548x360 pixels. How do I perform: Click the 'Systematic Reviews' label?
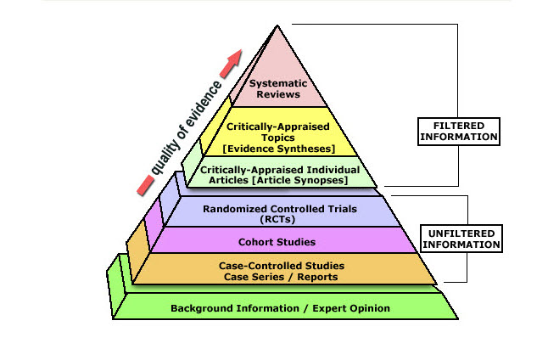[279, 88]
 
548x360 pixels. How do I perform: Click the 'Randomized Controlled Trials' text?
[279, 207]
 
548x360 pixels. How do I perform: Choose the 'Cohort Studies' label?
[279, 240]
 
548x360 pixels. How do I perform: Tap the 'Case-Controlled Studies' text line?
[279, 266]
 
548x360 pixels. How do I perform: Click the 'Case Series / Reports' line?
[279, 277]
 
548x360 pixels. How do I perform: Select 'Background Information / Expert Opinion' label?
[281, 308]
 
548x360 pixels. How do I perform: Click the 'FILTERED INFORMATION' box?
[459, 130]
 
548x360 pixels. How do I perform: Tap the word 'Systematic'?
[279, 83]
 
